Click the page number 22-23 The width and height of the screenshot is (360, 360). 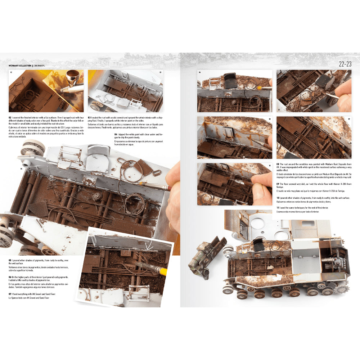(x=345, y=65)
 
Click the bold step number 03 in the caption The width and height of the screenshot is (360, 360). (x=90, y=117)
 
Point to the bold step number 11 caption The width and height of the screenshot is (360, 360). (x=278, y=208)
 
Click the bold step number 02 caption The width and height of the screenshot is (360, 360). (x=10, y=117)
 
